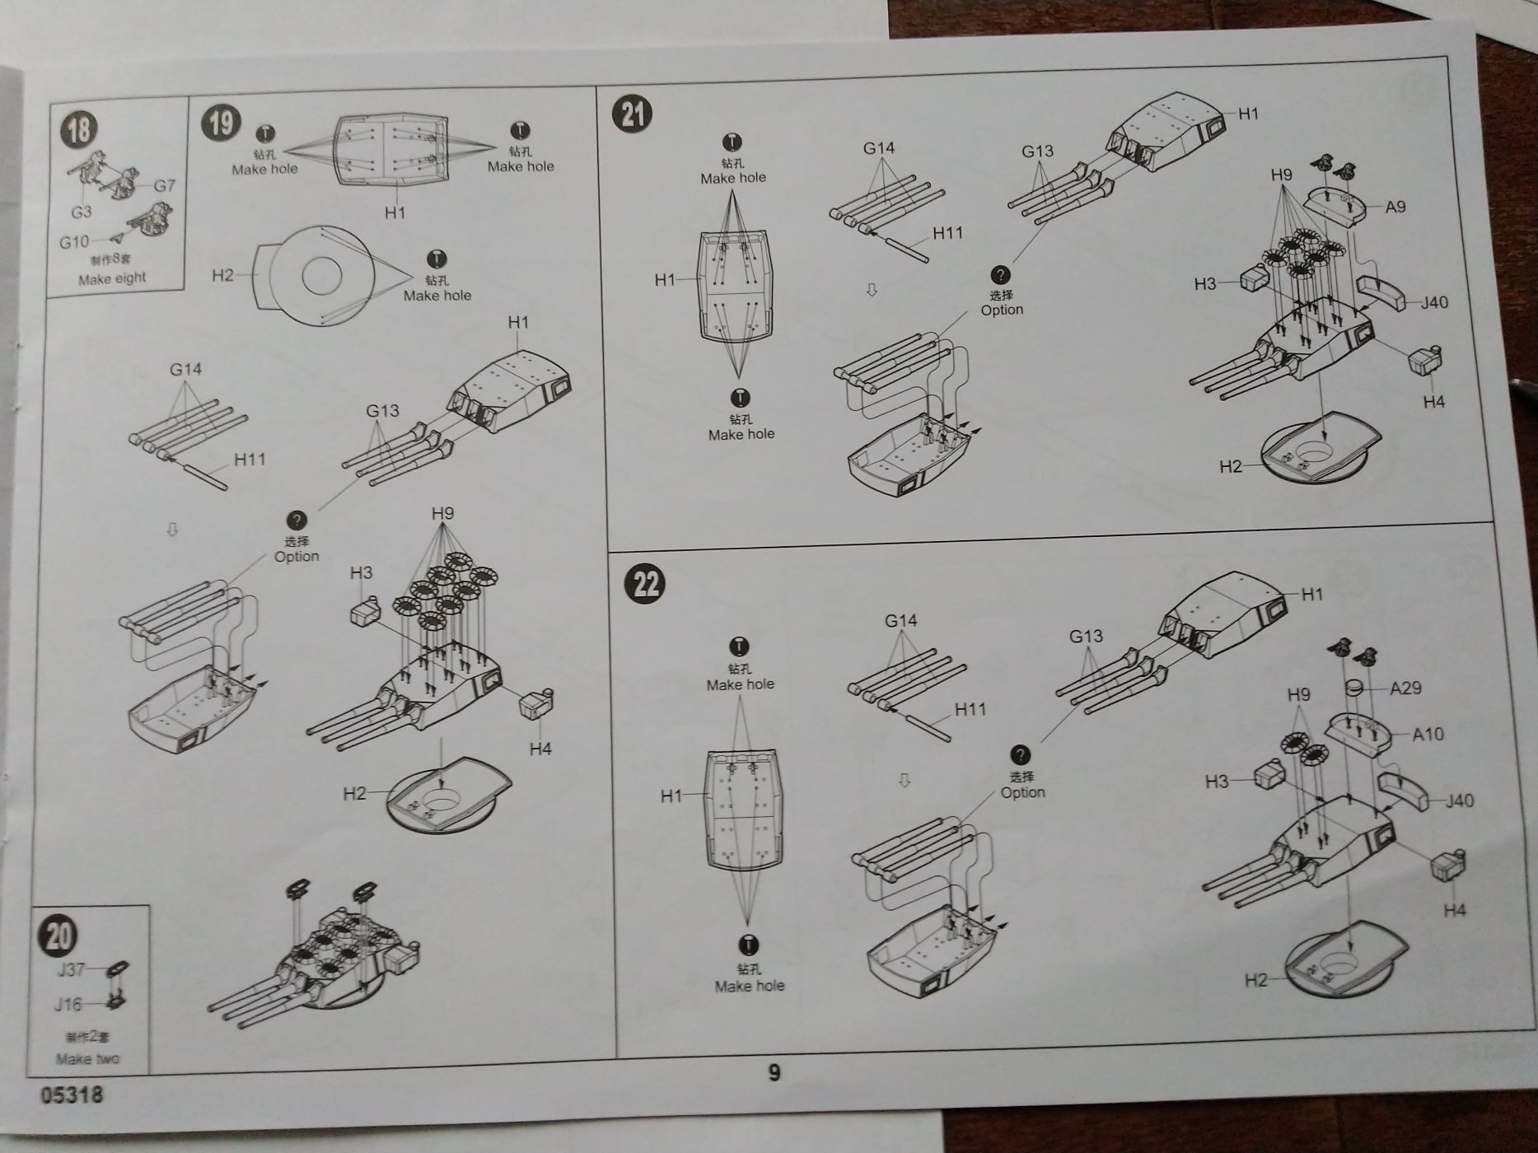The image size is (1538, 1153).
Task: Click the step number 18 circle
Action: pyautogui.click(x=79, y=130)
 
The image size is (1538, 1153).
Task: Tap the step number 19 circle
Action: pyautogui.click(x=221, y=123)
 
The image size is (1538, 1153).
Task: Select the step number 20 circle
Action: pyautogui.click(x=58, y=936)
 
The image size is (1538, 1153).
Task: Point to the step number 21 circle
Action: pyautogui.click(x=632, y=113)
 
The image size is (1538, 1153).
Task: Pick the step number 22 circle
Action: pyautogui.click(x=646, y=584)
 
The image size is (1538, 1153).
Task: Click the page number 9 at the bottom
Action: pyautogui.click(x=774, y=1071)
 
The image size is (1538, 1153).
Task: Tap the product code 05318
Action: pyautogui.click(x=72, y=1095)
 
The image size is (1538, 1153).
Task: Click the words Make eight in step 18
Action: pyautogui.click(x=112, y=278)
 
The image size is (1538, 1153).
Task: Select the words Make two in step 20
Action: pyautogui.click(x=87, y=1058)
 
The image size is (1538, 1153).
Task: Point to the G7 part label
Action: pyautogui.click(x=164, y=185)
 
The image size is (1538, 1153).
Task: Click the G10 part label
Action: pyautogui.click(x=74, y=242)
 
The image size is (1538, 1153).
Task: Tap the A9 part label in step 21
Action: pyautogui.click(x=1395, y=207)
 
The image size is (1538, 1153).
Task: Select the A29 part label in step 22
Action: pyautogui.click(x=1405, y=688)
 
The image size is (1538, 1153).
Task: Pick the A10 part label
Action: pyautogui.click(x=1428, y=734)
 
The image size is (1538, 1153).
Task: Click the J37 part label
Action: pyautogui.click(x=71, y=969)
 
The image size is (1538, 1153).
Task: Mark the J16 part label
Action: pyautogui.click(x=68, y=1004)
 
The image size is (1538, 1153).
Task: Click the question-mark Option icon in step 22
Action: pyautogui.click(x=1020, y=754)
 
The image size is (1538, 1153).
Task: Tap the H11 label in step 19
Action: pyautogui.click(x=250, y=460)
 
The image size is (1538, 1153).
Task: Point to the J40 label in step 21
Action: pyautogui.click(x=1433, y=302)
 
